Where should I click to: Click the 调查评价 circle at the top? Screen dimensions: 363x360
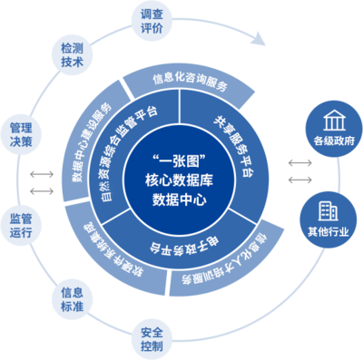coord(152,23)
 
